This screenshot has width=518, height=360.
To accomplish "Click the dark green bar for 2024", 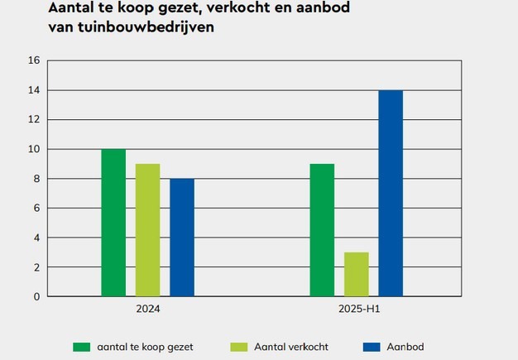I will tap(113, 223).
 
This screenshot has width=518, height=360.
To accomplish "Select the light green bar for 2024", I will tap(147, 230).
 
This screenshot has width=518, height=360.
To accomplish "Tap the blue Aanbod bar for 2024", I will tap(182, 238).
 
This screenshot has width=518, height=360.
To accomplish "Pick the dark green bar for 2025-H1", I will tap(322, 230).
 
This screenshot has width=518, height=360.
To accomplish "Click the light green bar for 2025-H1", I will tap(356, 274).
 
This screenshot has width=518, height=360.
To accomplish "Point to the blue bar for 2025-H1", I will tap(391, 193).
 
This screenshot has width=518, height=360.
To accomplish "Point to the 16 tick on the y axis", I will tap(34, 60).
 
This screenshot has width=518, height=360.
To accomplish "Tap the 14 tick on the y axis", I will tap(34, 90).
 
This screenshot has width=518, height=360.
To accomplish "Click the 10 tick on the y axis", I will tap(34, 149).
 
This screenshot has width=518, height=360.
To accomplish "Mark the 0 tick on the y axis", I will tap(36, 296).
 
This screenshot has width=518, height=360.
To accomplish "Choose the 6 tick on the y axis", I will tap(36, 209).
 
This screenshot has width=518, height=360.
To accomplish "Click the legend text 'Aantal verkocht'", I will tap(293, 347).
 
